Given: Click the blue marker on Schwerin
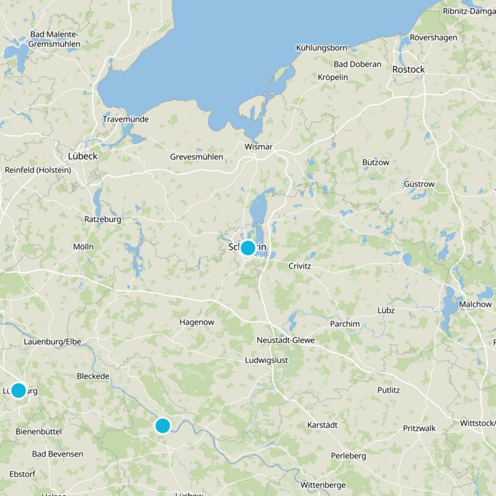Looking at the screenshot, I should (247, 248).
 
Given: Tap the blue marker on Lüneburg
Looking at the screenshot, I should (19, 391).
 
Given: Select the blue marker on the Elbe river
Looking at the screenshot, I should (162, 425).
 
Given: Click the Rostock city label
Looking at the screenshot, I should (409, 69).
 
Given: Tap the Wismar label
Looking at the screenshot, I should (259, 147).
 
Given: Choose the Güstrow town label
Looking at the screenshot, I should (419, 184).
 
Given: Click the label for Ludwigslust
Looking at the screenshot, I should (267, 360).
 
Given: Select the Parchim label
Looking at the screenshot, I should (345, 324).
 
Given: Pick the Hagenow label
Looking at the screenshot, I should (196, 322).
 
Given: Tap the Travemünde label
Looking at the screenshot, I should (126, 119).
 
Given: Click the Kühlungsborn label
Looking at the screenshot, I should (322, 47).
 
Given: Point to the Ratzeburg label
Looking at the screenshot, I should (102, 219).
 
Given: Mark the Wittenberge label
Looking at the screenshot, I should (322, 484).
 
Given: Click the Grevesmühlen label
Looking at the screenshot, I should (197, 157).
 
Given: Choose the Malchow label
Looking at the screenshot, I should (475, 304).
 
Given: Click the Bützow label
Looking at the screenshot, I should (375, 162).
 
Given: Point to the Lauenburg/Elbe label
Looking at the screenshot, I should (52, 342).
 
